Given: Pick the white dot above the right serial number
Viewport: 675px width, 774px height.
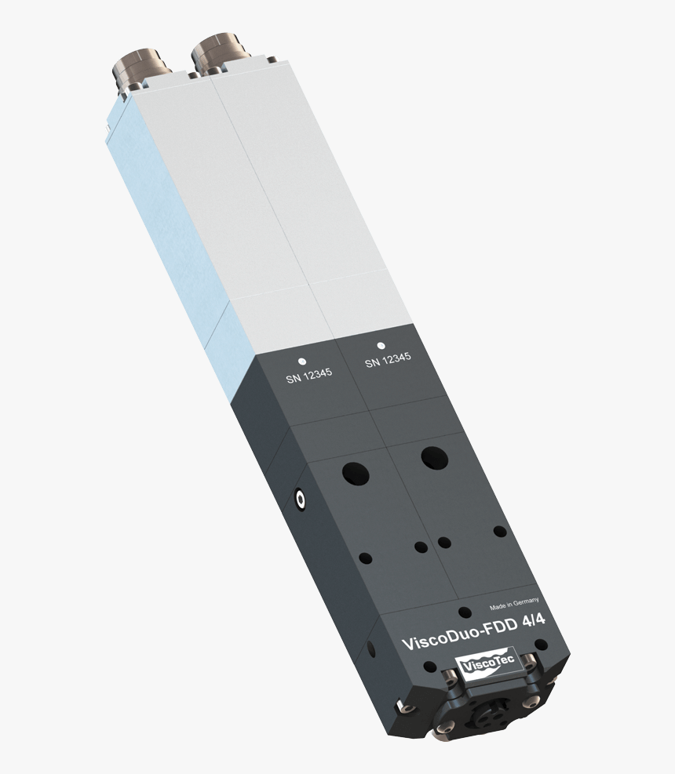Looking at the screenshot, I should [381, 344].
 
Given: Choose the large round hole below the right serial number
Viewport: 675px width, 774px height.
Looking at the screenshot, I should [432, 456].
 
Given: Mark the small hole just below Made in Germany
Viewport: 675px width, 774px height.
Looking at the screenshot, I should [465, 612].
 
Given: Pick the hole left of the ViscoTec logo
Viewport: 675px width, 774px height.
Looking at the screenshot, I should [429, 667].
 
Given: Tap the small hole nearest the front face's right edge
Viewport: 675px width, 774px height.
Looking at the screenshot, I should [498, 531].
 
